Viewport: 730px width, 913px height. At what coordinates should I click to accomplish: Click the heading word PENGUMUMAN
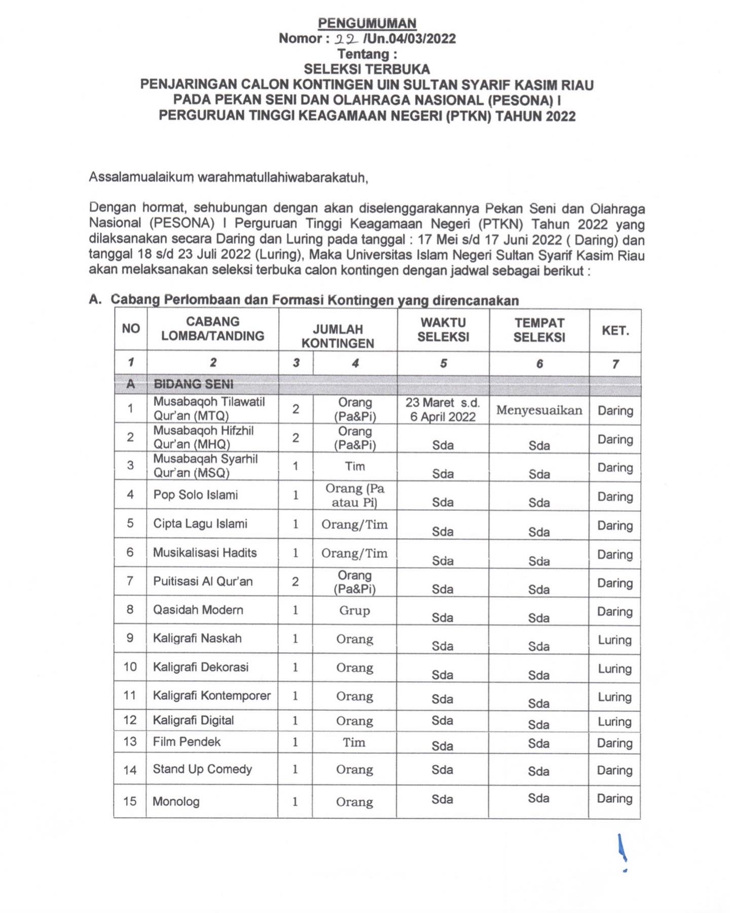click(x=367, y=23)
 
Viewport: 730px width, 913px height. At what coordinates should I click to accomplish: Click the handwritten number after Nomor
click(x=349, y=39)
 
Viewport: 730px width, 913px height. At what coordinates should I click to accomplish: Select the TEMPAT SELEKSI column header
click(x=539, y=330)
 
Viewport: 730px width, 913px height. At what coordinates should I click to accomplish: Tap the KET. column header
click(x=615, y=331)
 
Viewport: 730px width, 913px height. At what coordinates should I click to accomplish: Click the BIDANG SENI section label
click(x=194, y=384)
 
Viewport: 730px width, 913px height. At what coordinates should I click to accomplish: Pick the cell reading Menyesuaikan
click(x=539, y=410)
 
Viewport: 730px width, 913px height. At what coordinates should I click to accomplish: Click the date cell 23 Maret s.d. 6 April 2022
click(x=443, y=410)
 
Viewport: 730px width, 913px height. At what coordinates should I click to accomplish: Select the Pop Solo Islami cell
click(x=196, y=495)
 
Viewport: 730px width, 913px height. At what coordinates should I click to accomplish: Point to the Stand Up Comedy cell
click(x=202, y=769)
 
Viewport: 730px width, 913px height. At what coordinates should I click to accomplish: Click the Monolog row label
click(x=176, y=801)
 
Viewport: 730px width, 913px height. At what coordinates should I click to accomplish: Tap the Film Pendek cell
click(x=187, y=742)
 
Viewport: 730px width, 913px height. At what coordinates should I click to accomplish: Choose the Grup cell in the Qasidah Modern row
click(x=354, y=610)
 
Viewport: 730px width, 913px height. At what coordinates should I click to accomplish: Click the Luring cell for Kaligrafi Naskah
click(x=614, y=640)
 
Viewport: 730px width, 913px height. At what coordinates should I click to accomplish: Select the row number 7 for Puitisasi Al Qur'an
click(x=130, y=581)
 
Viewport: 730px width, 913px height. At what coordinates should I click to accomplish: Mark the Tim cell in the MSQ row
click(x=355, y=467)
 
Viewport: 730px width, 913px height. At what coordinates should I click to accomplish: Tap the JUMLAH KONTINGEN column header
click(x=338, y=336)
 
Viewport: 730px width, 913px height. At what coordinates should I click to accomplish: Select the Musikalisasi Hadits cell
click(x=205, y=553)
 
